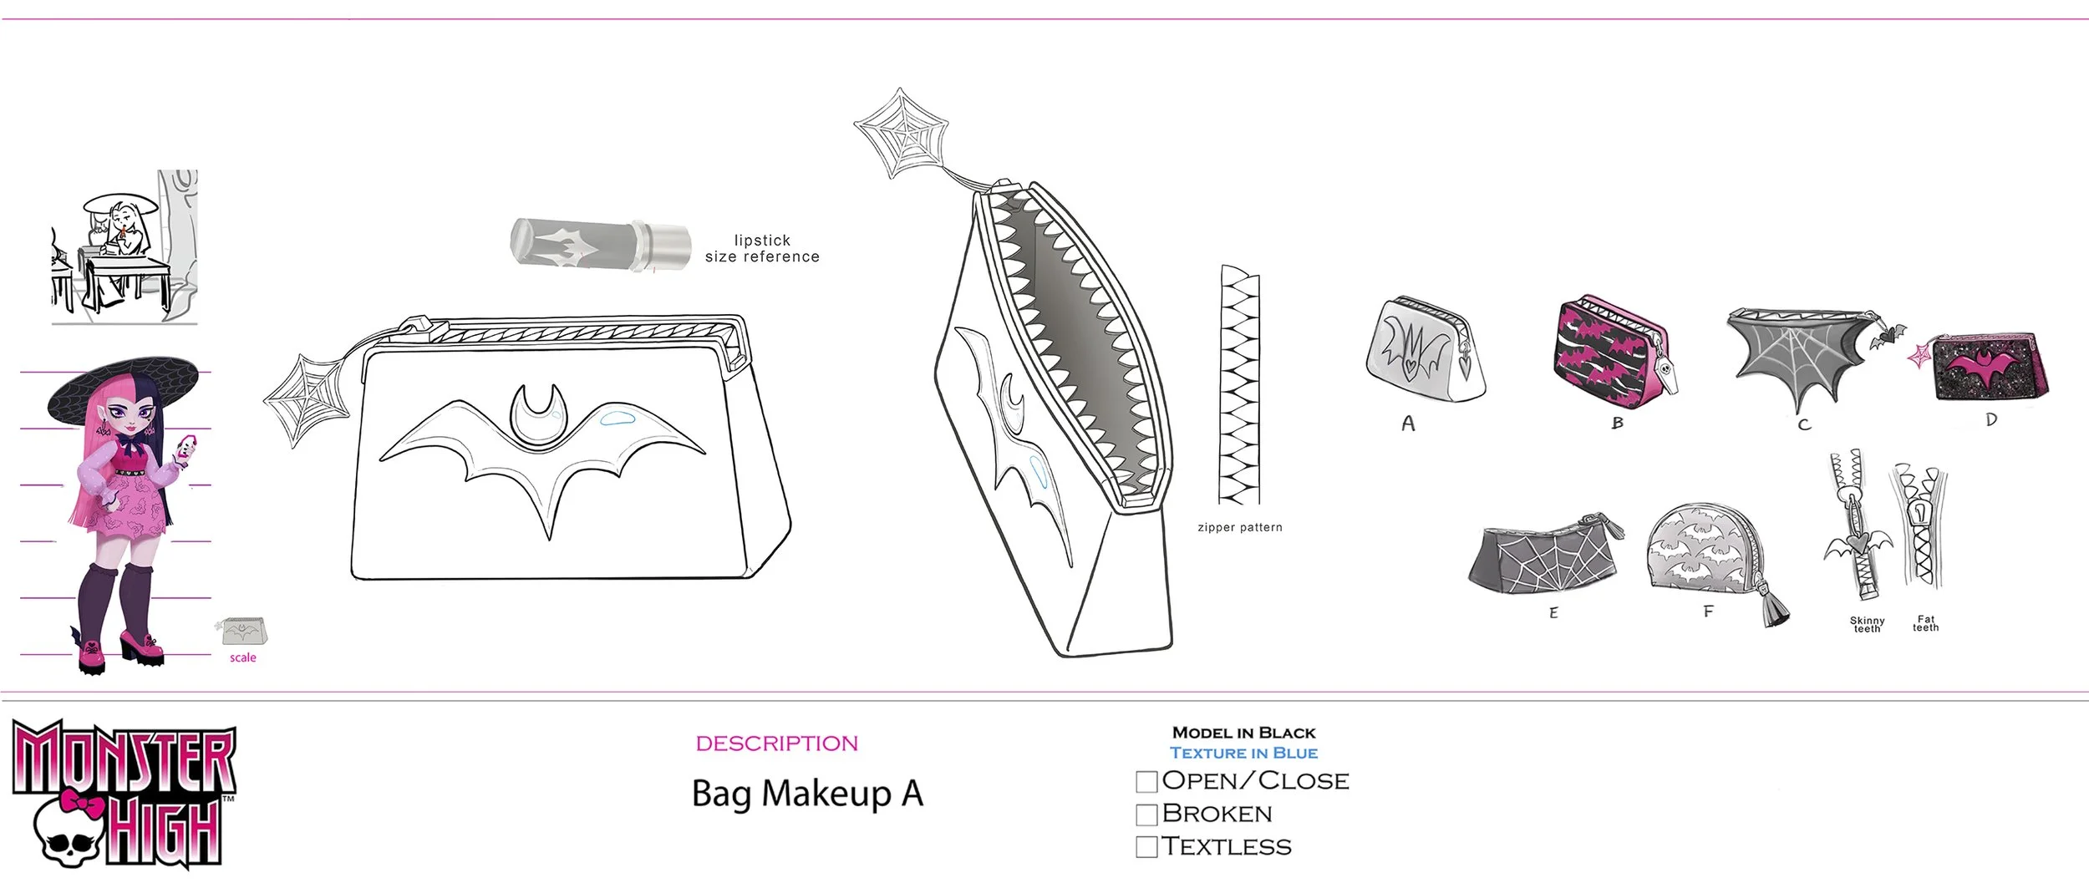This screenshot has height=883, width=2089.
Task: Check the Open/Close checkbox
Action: tap(1146, 781)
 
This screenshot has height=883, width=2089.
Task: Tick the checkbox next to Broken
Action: tap(1146, 814)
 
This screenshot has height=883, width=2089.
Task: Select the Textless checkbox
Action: tap(1146, 846)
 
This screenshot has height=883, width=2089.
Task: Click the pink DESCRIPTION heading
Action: tap(776, 743)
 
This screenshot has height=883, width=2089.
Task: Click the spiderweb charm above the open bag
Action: tap(902, 133)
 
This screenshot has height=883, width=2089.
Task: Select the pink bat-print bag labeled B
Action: tap(1613, 352)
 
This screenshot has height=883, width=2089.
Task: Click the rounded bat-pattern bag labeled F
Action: tap(1705, 551)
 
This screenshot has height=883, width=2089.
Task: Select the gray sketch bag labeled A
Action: tap(1423, 351)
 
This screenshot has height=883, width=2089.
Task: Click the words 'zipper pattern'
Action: tap(1239, 527)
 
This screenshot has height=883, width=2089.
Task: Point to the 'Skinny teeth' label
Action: tap(1867, 624)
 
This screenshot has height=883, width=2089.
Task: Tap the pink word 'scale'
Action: tap(243, 657)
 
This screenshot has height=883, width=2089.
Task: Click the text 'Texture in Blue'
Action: tap(1243, 753)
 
